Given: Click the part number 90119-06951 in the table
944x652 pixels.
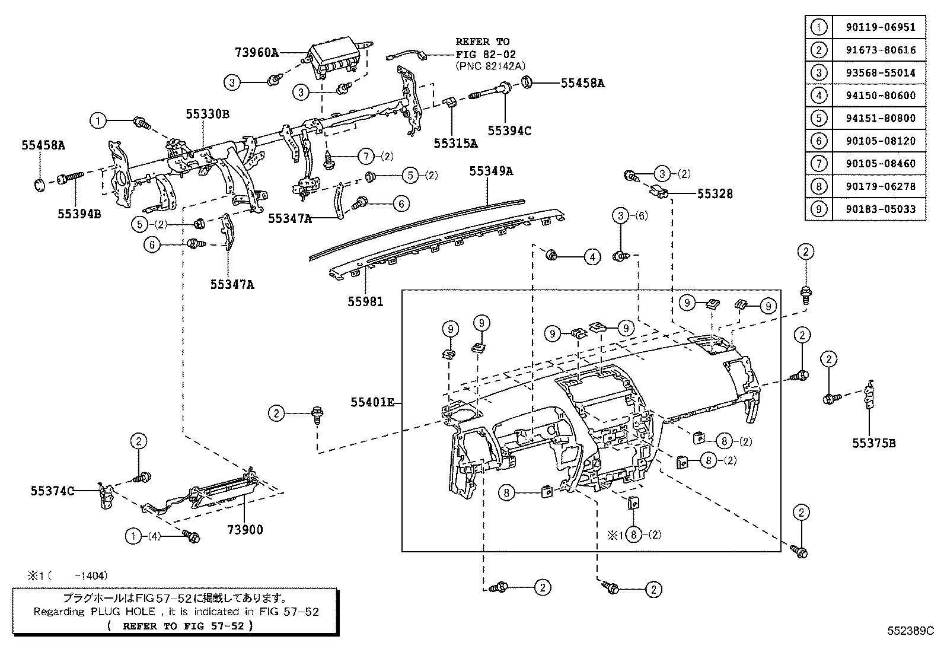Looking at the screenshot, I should click(x=880, y=27).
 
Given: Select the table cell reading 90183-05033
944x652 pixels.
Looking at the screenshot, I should click(x=880, y=209).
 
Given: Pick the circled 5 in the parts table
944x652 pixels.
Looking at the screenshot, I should click(x=818, y=118).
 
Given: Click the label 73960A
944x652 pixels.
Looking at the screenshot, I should click(x=255, y=52).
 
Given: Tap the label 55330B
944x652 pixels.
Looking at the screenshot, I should click(x=207, y=115).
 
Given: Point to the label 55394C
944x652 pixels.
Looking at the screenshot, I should click(x=509, y=131).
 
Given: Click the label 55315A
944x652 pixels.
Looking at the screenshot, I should click(x=455, y=143).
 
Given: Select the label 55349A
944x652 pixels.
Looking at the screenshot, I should click(x=490, y=171).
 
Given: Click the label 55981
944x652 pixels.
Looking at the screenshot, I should click(x=365, y=302).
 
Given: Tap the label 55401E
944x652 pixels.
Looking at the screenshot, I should click(x=372, y=403).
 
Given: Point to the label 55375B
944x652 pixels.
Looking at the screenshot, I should click(x=874, y=443).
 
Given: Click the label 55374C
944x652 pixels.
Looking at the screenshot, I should click(x=53, y=491).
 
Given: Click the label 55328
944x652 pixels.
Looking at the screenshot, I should click(x=715, y=193).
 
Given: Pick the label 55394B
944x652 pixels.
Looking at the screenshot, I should click(x=79, y=214).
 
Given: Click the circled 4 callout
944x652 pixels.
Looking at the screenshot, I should click(x=592, y=257).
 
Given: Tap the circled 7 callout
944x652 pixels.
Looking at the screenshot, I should click(x=366, y=157).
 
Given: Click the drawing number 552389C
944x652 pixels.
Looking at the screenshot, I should click(x=910, y=631).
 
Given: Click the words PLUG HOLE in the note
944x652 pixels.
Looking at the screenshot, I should click(x=122, y=612).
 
